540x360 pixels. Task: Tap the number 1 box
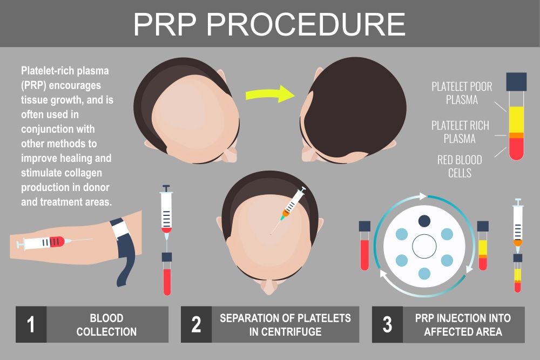point(31,324)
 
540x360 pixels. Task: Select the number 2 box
point(197,324)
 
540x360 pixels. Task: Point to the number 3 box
point(387,324)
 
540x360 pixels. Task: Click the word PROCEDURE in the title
point(306,24)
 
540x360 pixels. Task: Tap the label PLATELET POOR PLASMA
point(462,93)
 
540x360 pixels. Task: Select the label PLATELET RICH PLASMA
point(460,132)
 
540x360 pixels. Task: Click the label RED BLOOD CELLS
point(460,166)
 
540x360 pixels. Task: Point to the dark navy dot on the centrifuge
point(424,221)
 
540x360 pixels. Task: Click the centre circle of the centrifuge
point(424,247)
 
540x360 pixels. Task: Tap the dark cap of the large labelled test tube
point(516,81)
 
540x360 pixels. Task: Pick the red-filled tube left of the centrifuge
point(364,246)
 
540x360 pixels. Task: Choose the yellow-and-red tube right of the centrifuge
point(483,246)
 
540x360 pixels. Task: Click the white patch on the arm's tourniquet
point(121,229)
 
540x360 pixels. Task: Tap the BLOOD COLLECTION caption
point(106,324)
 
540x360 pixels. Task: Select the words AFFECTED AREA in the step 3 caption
point(463,331)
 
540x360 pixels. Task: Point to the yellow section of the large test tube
point(516,120)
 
